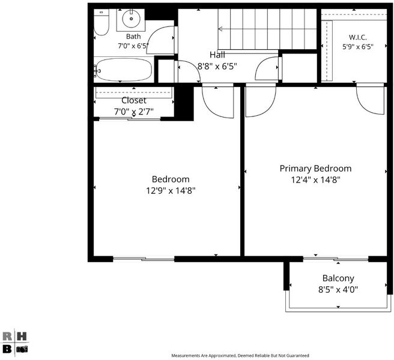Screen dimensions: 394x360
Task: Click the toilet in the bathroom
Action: pos(102,22)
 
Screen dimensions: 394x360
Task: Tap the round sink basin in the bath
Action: pos(131,19)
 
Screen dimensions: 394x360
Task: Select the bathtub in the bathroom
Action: pos(124,70)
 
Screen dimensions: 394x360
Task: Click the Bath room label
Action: pos(133,37)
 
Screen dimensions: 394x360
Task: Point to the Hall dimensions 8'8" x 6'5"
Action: pos(217,66)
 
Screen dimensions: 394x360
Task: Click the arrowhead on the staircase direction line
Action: pos(220,29)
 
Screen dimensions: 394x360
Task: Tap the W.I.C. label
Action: pos(357,37)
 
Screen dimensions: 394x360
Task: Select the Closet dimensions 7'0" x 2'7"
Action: pos(134,112)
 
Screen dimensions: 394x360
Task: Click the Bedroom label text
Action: pos(171,179)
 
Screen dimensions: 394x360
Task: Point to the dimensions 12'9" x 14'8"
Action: pos(171,191)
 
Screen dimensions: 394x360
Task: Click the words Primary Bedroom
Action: pos(315,169)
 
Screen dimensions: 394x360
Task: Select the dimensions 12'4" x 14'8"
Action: pos(315,180)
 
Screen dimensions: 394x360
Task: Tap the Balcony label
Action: pos(338,278)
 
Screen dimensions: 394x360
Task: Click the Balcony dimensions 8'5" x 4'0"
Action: pos(338,290)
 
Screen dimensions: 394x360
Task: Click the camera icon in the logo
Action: pos(22,349)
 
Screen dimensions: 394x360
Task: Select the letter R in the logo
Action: pos(7,337)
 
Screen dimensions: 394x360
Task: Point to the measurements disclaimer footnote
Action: pos(240,355)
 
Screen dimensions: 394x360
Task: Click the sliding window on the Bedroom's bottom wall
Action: pos(144,259)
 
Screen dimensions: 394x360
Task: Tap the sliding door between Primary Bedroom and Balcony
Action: pos(336,259)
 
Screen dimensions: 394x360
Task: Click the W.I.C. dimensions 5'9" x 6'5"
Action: pos(358,47)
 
